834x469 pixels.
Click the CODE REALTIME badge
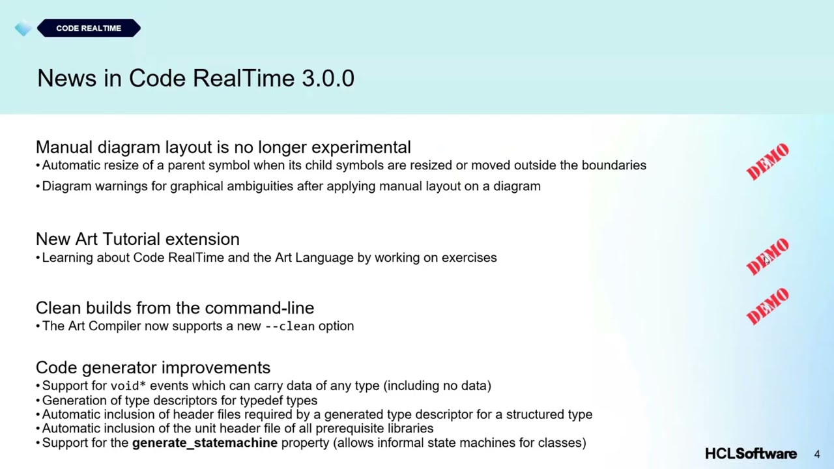point(89,29)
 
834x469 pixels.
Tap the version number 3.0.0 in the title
point(328,78)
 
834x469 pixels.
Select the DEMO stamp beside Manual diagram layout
point(768,162)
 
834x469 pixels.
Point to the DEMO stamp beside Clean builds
point(768,307)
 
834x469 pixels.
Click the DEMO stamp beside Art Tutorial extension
point(768,257)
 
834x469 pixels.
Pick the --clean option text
point(289,326)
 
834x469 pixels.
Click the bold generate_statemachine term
point(205,443)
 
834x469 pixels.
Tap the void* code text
point(128,386)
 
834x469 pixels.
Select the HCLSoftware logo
point(751,454)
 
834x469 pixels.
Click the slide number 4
point(817,455)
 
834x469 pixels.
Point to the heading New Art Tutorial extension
point(137,239)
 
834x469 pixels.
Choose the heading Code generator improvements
point(153,368)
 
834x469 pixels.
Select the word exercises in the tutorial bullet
point(469,258)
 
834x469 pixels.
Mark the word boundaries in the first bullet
point(614,165)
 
